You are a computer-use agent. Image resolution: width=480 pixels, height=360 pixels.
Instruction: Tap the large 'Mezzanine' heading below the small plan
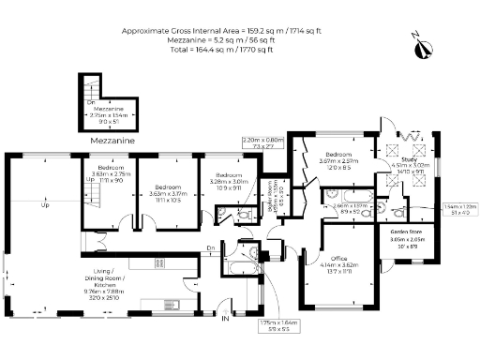[112, 141]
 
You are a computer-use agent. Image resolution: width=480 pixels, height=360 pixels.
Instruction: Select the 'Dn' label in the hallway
[212, 247]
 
